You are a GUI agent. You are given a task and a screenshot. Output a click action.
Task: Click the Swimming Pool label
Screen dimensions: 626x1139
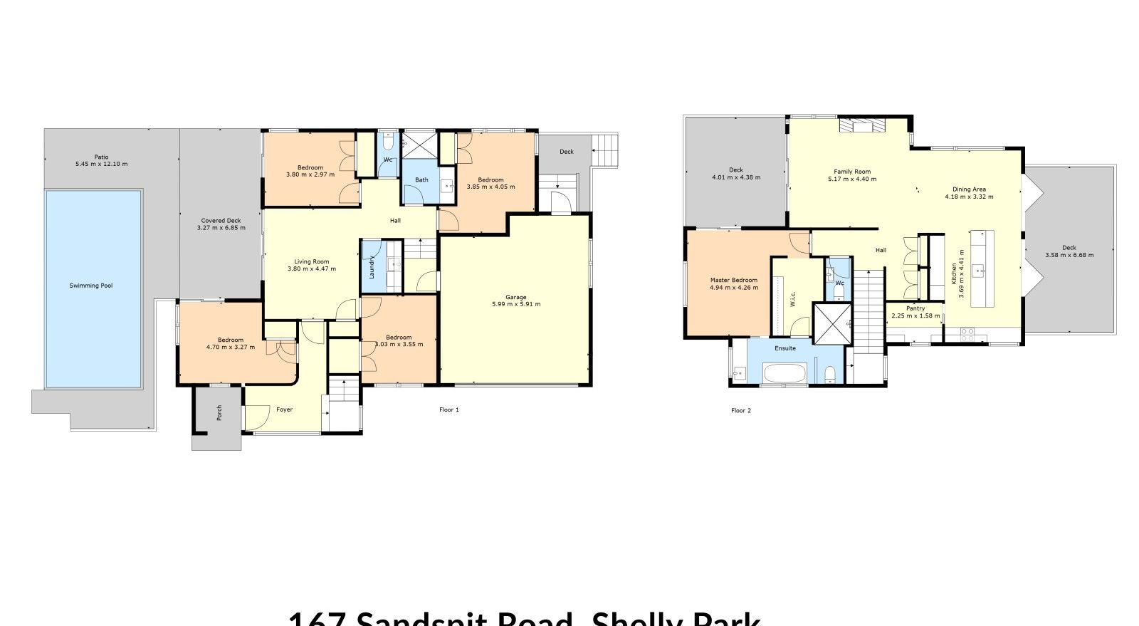pyautogui.click(x=91, y=286)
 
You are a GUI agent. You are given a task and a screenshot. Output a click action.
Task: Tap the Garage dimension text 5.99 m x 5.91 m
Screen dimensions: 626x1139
pyautogui.click(x=515, y=304)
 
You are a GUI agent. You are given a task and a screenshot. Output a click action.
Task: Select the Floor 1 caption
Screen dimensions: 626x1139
pyautogui.click(x=449, y=409)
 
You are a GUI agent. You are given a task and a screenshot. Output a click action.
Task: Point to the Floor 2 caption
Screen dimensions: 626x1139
pyautogui.click(x=741, y=410)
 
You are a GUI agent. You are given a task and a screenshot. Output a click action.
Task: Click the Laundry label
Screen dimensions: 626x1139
pyautogui.click(x=372, y=267)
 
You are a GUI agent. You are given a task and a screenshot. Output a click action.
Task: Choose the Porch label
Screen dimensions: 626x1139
pyautogui.click(x=219, y=412)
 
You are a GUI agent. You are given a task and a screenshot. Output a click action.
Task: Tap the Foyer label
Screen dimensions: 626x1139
pyautogui.click(x=284, y=409)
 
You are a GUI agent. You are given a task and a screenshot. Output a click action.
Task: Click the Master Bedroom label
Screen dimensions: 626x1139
pyautogui.click(x=734, y=280)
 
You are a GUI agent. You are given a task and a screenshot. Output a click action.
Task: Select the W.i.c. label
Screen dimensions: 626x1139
pyautogui.click(x=792, y=299)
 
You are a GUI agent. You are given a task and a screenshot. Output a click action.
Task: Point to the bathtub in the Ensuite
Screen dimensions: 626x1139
pyautogui.click(x=784, y=373)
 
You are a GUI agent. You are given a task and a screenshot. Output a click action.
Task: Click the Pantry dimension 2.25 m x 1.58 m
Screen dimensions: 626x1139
pyautogui.click(x=915, y=315)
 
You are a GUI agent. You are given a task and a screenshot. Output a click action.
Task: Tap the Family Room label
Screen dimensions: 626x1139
pyautogui.click(x=852, y=172)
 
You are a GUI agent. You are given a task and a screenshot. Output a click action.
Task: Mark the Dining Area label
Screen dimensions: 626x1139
pyautogui.click(x=969, y=189)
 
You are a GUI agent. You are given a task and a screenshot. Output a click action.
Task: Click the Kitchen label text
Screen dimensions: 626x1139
pyautogui.click(x=954, y=273)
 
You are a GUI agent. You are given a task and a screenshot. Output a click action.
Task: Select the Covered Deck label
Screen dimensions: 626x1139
pyautogui.click(x=221, y=221)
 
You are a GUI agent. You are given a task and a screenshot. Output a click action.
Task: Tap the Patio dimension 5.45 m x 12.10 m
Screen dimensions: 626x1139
pyautogui.click(x=101, y=164)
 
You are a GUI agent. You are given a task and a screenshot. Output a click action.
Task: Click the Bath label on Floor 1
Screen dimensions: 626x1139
pyautogui.click(x=421, y=179)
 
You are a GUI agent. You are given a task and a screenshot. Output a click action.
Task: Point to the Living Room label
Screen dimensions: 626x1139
pyautogui.click(x=311, y=261)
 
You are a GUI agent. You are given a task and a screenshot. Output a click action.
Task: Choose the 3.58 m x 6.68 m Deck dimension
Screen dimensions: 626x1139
pyautogui.click(x=1069, y=255)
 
